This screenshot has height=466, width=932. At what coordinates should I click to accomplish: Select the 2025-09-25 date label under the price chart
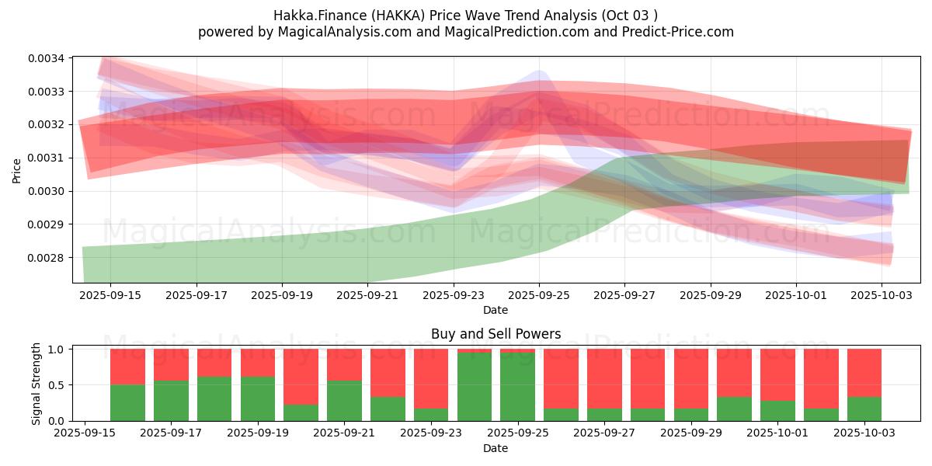(x=540, y=295)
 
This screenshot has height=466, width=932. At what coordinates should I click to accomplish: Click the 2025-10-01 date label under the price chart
(x=795, y=295)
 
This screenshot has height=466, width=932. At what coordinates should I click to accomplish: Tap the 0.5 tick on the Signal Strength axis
(x=57, y=385)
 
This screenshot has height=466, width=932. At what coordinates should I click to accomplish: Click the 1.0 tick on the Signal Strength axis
(x=57, y=349)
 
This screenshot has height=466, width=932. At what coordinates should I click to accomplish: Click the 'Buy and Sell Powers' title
(x=496, y=334)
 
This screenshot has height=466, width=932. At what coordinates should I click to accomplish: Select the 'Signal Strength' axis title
(x=37, y=384)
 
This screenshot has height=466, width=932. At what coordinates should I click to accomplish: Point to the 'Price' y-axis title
(x=17, y=171)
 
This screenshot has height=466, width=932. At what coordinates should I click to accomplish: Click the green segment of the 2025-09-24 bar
(x=475, y=387)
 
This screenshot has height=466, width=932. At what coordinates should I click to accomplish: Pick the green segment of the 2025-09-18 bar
(x=214, y=398)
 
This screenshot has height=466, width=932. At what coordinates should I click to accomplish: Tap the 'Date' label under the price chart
(x=496, y=310)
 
